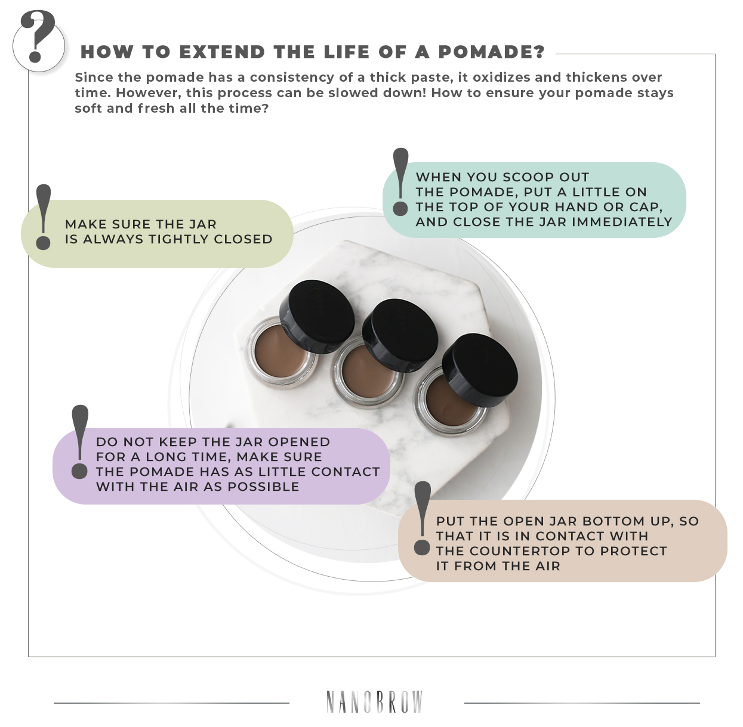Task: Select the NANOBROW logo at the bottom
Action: [374, 702]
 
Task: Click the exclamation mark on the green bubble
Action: [43, 217]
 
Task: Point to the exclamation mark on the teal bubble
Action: [401, 182]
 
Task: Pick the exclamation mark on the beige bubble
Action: [423, 518]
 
